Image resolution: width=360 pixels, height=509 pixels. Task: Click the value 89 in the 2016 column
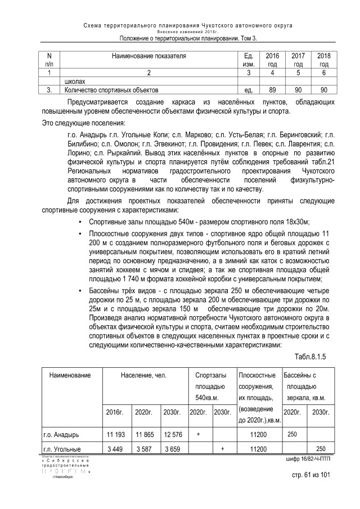click(x=272, y=89)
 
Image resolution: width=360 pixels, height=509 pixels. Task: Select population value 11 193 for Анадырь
click(x=116, y=434)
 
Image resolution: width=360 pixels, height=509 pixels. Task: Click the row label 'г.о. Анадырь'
click(x=61, y=434)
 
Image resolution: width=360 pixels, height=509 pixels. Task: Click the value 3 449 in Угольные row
click(x=116, y=448)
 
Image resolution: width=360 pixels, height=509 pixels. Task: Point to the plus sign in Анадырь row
click(x=198, y=434)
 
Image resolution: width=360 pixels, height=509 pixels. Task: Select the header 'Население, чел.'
click(x=145, y=375)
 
